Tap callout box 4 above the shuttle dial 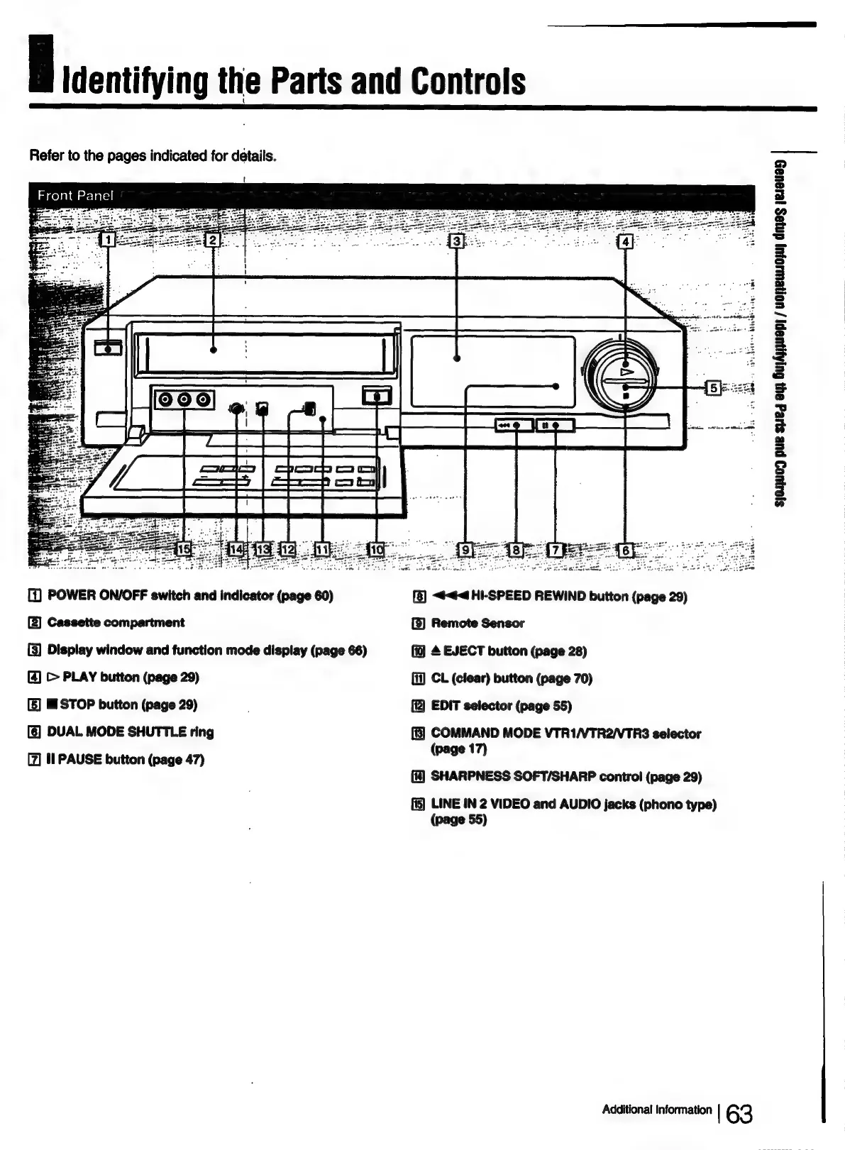[x=625, y=242]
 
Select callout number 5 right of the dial [x=714, y=387]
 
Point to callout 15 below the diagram [x=184, y=548]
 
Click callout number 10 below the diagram [x=377, y=548]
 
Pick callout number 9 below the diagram [x=465, y=548]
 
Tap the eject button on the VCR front [x=377, y=395]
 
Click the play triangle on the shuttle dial [x=626, y=371]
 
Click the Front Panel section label [x=75, y=195]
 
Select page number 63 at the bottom [x=739, y=1115]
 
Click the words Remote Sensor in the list [x=477, y=624]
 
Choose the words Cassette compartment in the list [x=116, y=623]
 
